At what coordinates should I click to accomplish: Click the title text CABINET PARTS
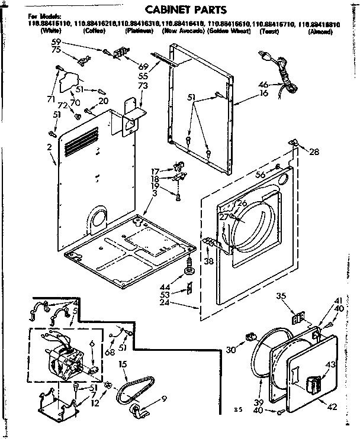182,9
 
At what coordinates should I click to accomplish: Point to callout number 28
314,152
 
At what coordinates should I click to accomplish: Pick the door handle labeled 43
311,388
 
